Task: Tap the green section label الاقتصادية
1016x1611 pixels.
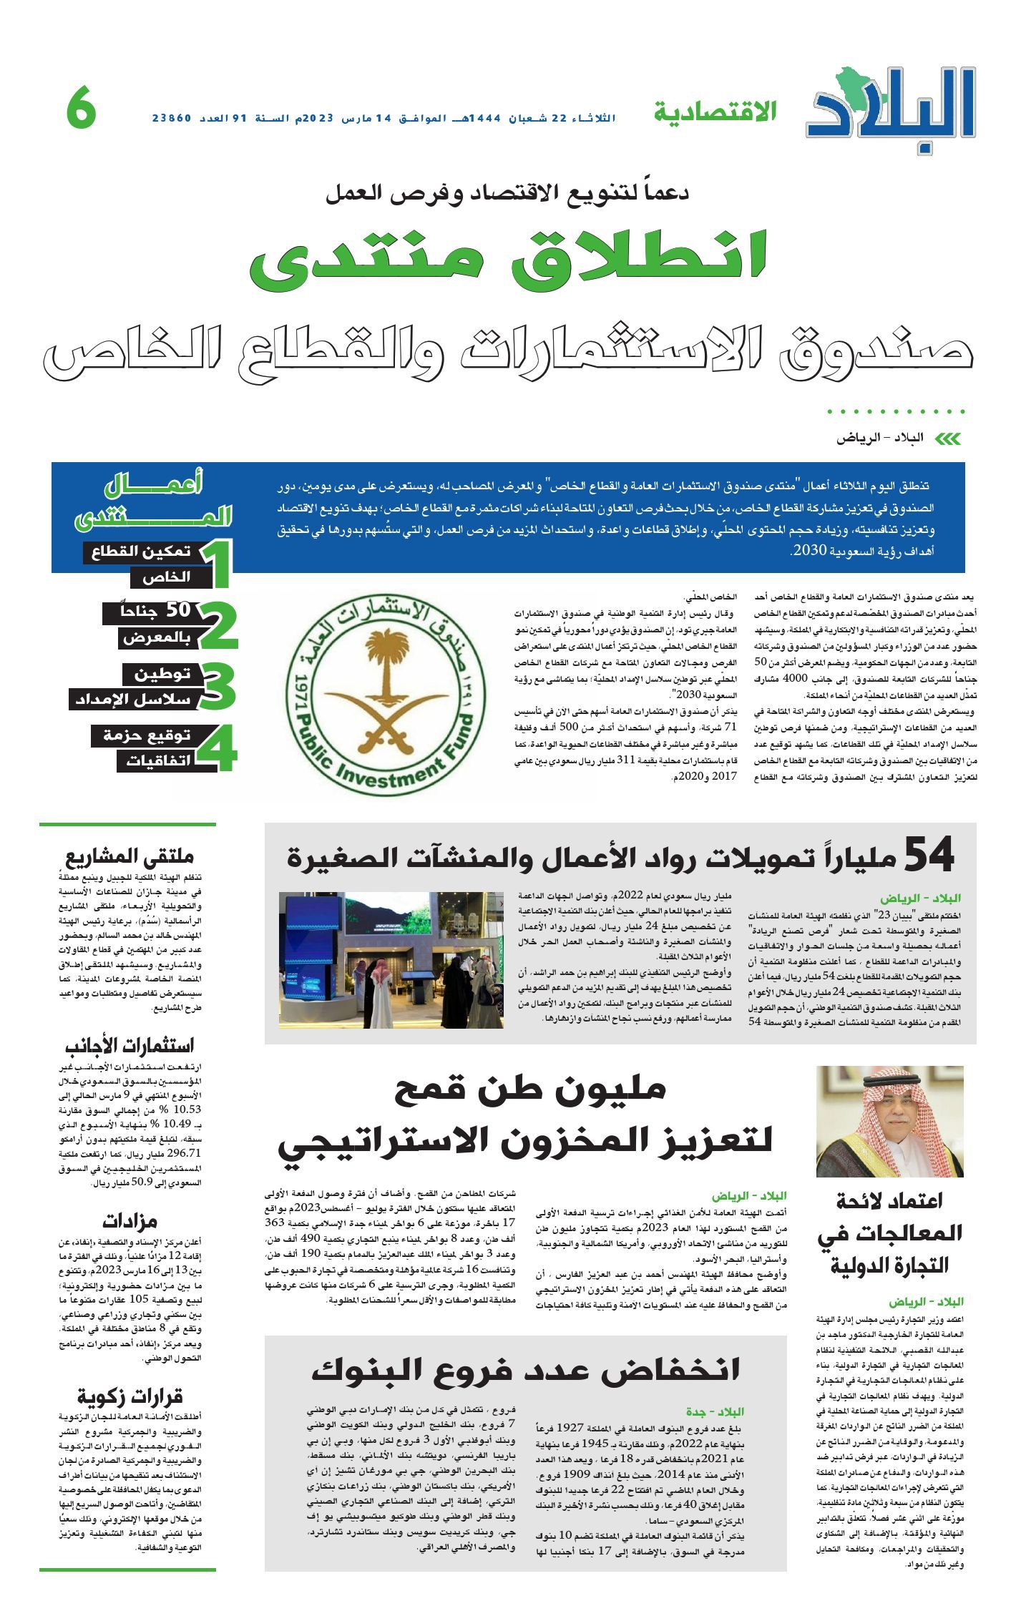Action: [x=714, y=112]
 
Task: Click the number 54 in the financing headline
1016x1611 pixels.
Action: [x=929, y=855]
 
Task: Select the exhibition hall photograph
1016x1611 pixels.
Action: [x=391, y=959]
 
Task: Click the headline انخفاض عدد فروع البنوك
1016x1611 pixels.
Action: [x=526, y=1369]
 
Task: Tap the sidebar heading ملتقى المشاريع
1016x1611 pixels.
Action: [x=130, y=856]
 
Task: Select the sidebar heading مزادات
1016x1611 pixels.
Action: [x=130, y=1220]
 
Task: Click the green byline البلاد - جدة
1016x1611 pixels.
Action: [x=715, y=1412]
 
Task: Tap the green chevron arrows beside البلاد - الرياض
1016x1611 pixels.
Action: [x=948, y=439]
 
